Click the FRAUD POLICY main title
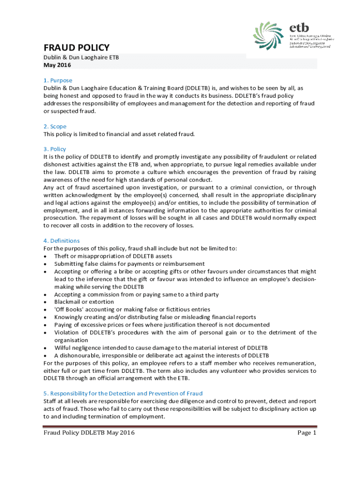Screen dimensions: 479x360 76,48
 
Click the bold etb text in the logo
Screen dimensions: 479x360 299,27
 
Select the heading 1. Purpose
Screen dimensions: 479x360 58,80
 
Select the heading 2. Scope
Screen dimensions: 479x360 55,126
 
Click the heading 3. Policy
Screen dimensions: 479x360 55,149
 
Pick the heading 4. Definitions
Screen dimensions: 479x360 61,241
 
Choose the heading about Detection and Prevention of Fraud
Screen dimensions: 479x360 123,393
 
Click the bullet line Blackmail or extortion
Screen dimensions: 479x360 84,302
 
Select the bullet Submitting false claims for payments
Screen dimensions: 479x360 129,264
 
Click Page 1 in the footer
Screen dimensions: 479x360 307,433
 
